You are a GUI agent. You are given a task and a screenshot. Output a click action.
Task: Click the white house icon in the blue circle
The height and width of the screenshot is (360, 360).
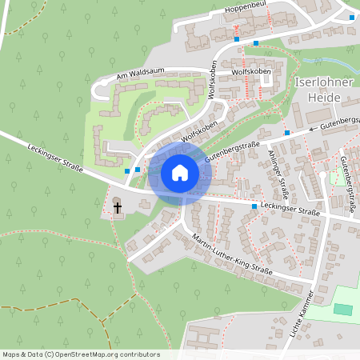[179, 173]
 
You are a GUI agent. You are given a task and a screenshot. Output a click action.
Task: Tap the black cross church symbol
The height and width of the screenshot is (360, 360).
[118, 208]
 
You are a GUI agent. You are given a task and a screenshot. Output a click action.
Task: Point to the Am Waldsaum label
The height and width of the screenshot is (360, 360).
[140, 74]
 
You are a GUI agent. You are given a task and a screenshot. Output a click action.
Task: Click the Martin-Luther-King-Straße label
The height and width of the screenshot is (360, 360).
[233, 255]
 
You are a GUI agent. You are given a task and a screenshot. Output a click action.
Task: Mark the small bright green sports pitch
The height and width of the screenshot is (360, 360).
[342, 310]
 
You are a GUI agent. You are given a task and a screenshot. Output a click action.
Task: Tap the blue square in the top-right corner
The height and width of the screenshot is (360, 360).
[352, 17]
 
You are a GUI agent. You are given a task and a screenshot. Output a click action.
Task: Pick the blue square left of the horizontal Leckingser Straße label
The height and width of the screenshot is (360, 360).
[254, 206]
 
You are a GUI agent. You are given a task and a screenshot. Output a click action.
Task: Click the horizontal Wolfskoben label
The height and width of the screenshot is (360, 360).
[251, 72]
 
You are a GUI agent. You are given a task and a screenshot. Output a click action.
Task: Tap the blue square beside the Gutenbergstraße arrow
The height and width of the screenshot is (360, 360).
[286, 133]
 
